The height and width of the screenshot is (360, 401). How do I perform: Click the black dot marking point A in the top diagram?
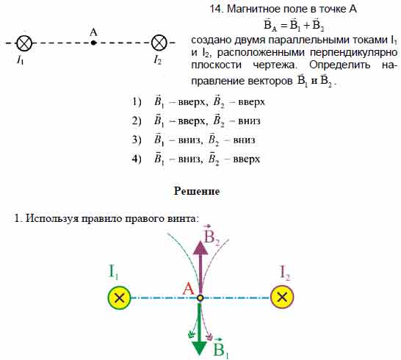click(93, 43)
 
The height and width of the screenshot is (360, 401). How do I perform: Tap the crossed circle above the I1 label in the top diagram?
click(24, 43)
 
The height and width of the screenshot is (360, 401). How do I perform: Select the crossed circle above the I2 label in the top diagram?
click(159, 43)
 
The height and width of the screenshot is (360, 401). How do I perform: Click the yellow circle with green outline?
click(119, 298)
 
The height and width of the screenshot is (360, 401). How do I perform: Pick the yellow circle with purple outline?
click(282, 297)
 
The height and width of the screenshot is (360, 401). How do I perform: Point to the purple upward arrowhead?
click(201, 247)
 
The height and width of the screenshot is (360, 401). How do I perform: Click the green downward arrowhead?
click(199, 348)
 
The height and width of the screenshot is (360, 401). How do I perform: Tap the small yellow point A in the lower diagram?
click(201, 298)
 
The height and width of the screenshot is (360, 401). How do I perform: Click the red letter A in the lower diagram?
click(189, 289)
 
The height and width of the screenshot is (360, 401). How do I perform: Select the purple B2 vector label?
click(212, 236)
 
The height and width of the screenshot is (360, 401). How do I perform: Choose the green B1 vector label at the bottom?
click(221, 348)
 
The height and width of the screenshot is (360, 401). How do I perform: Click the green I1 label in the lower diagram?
click(113, 272)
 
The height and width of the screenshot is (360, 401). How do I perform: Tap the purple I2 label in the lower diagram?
click(285, 273)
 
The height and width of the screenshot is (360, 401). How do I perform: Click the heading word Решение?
click(197, 191)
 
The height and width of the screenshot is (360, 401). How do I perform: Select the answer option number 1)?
click(137, 102)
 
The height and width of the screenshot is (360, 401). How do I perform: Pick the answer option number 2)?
click(137, 120)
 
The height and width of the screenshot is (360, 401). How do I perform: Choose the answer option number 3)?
click(137, 140)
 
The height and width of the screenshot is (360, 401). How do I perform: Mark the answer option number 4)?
click(137, 159)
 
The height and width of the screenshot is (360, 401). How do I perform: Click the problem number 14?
click(217, 10)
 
